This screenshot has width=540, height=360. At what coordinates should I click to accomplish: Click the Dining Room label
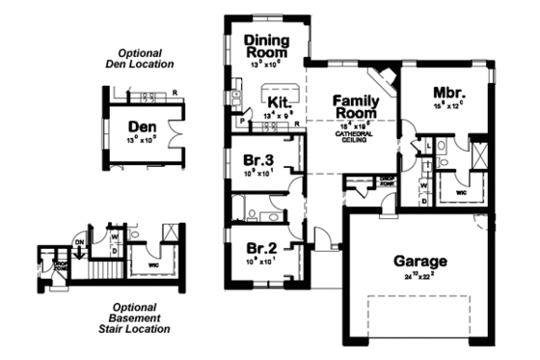(x=266, y=45)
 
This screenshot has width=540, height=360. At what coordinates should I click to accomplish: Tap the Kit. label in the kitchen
(x=281, y=101)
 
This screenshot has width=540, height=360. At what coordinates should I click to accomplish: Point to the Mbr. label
(x=447, y=93)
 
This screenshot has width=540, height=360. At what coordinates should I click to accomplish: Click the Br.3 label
(x=259, y=160)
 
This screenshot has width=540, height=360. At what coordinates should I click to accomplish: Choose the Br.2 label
(x=259, y=247)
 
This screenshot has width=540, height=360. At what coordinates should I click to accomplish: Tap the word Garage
(x=420, y=261)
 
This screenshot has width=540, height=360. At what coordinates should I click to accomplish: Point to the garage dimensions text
(x=419, y=276)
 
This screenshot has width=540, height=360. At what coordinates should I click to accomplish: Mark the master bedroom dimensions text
(x=448, y=107)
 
